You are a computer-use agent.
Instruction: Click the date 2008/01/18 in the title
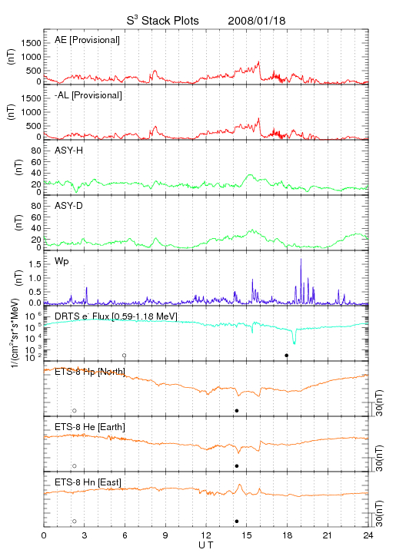[257, 21]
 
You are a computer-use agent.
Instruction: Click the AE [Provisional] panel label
[87, 40]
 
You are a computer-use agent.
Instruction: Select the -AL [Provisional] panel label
[88, 95]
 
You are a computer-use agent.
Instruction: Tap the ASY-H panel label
[69, 151]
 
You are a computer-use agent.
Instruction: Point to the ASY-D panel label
[69, 206]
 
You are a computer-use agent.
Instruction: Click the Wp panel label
[62, 262]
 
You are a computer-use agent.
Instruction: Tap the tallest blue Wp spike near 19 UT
[301, 260]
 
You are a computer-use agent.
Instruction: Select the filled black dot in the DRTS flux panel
[287, 356]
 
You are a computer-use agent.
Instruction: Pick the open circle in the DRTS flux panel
[125, 356]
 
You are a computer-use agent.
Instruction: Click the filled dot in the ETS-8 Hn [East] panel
[237, 522]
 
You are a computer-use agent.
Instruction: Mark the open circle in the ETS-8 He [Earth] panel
[75, 466]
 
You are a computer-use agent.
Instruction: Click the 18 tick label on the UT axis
[288, 535]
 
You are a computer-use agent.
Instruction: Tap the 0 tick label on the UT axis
[44, 535]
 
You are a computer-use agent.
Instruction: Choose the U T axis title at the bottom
[206, 545]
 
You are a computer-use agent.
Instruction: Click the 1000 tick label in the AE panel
[31, 57]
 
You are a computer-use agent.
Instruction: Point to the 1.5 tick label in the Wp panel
[35, 264]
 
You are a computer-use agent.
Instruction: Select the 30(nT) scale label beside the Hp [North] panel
[379, 403]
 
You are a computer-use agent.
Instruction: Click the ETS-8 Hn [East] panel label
[88, 482]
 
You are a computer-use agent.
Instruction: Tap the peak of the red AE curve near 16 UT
[258, 61]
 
